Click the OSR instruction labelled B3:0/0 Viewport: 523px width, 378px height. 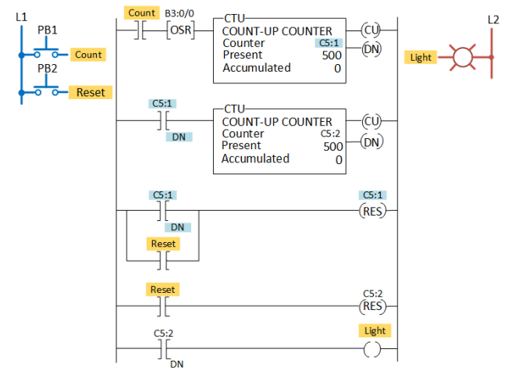pyautogui.click(x=180, y=30)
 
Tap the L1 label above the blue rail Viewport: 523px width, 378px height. pyautogui.click(x=21, y=16)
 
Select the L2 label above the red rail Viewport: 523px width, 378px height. pyautogui.click(x=493, y=20)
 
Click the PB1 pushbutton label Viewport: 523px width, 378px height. pyautogui.click(x=48, y=30)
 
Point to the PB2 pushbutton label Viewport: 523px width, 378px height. pyautogui.click(x=48, y=69)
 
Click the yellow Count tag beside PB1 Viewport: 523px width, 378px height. pyautogui.click(x=88, y=55)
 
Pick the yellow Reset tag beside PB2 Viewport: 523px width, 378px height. pyautogui.click(x=91, y=92)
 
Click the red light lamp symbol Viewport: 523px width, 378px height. pyautogui.click(x=463, y=57)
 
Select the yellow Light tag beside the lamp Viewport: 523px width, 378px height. pyautogui.click(x=421, y=57)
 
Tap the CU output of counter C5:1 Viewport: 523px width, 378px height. pyautogui.click(x=371, y=30)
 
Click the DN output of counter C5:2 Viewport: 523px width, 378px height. pyautogui.click(x=372, y=142)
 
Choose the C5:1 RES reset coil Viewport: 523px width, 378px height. pyautogui.click(x=372, y=211)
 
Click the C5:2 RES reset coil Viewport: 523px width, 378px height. pyautogui.click(x=372, y=306)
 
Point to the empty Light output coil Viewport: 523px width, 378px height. pyautogui.click(x=372, y=349)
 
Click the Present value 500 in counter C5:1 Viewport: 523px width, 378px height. pyautogui.click(x=332, y=55)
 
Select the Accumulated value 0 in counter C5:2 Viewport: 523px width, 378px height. pyautogui.click(x=339, y=160)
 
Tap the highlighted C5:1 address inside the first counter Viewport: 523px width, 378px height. pyautogui.click(x=329, y=43)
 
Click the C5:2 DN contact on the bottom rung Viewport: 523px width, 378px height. pyautogui.click(x=164, y=349)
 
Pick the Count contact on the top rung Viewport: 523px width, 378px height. pyautogui.click(x=141, y=30)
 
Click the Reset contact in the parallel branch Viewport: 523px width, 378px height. pyautogui.click(x=163, y=261)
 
